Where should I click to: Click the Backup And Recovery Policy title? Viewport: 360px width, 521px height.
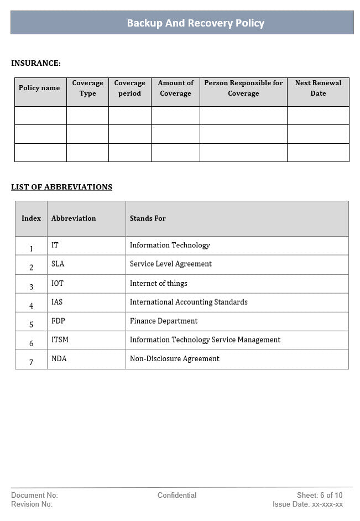(x=196, y=23)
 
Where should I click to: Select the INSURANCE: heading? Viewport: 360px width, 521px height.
(x=36, y=64)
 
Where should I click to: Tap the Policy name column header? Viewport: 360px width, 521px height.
(x=39, y=88)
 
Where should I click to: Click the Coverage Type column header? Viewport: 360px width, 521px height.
(x=87, y=88)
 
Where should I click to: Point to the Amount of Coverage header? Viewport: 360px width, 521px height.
(x=175, y=88)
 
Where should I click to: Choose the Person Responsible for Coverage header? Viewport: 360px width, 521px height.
(x=243, y=88)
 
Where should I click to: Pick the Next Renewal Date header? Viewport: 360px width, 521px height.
(x=318, y=88)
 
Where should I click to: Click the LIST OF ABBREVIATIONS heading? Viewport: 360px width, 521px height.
(x=61, y=187)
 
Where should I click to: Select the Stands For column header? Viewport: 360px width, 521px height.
(x=148, y=218)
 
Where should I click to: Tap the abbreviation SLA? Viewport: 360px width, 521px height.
(x=58, y=264)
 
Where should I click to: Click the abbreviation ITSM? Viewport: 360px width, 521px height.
(x=60, y=340)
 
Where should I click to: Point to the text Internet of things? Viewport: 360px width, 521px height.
(x=158, y=284)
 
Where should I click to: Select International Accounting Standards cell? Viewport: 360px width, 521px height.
(x=189, y=303)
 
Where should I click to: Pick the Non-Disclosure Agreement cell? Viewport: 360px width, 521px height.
(x=174, y=359)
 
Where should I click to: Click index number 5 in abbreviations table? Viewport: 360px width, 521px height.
(x=31, y=325)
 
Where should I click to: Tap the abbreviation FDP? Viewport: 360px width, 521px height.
(x=58, y=321)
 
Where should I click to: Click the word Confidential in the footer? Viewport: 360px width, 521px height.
(x=177, y=496)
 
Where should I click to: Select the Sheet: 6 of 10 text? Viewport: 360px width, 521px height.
(x=320, y=496)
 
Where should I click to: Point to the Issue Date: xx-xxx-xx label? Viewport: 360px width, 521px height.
(x=307, y=504)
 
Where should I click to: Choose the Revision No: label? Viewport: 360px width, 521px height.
(x=32, y=504)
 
